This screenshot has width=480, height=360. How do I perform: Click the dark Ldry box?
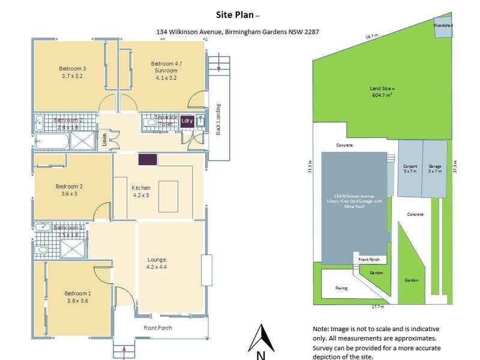point(187,121)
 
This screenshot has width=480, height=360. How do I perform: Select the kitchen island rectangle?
point(168,196)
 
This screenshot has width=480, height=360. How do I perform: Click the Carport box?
point(410,169)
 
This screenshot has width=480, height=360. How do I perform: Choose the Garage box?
point(434,169)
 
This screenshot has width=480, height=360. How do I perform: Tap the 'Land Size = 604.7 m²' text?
point(382,92)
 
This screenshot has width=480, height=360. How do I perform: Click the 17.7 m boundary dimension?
point(377,307)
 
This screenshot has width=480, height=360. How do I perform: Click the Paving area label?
point(341,288)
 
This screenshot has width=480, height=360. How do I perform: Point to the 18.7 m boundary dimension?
point(372,36)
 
